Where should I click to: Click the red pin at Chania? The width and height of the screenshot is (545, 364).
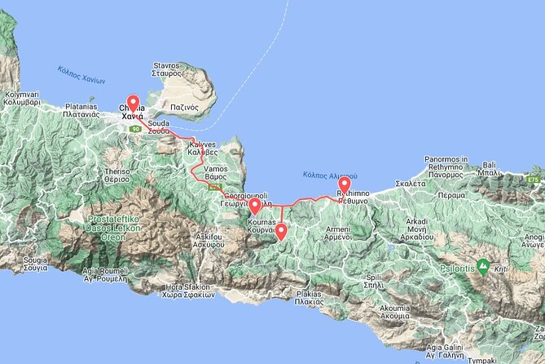coord(133,104)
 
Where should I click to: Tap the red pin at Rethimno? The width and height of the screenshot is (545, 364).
coord(344,187)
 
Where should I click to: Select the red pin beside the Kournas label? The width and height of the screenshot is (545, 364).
coord(254,206)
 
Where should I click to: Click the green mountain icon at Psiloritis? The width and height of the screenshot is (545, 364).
coord(483,265)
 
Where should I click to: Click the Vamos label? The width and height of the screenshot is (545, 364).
coord(204,171)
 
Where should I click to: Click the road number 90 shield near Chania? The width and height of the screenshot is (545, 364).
coord(135,129)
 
